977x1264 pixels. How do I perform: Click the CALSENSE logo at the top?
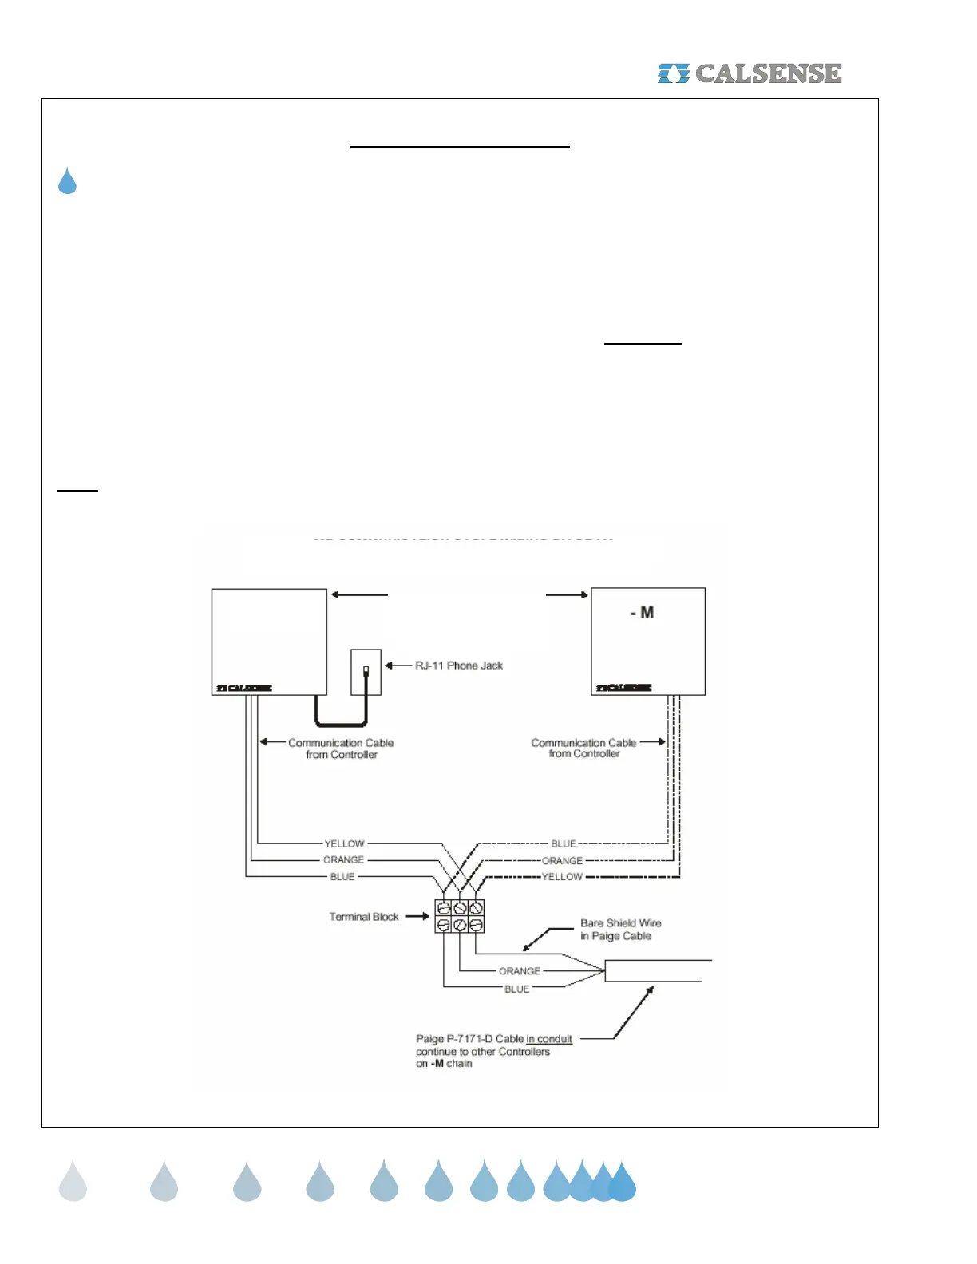(750, 73)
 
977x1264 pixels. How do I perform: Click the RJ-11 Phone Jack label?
(459, 666)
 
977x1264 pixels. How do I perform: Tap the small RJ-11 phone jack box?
(366, 673)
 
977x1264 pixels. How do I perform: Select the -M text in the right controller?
(642, 613)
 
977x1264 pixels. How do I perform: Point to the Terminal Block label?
(363, 917)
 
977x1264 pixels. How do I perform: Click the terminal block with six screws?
(460, 916)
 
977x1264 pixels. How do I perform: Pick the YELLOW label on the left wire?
(344, 843)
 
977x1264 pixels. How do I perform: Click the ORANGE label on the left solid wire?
(343, 860)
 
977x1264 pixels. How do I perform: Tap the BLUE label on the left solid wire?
(342, 877)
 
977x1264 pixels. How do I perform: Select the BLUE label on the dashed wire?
(564, 843)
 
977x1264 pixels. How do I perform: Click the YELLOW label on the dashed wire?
(562, 877)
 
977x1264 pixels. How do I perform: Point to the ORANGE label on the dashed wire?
(562, 861)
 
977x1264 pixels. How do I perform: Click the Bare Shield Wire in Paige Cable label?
(620, 930)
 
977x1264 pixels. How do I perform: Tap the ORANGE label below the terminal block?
(520, 971)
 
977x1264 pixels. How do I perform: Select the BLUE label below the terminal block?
(516, 989)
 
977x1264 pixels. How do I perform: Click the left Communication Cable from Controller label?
(341, 749)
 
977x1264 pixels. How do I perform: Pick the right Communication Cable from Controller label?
(583, 748)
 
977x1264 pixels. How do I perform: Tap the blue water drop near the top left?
(67, 181)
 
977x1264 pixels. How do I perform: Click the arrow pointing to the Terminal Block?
(417, 916)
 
